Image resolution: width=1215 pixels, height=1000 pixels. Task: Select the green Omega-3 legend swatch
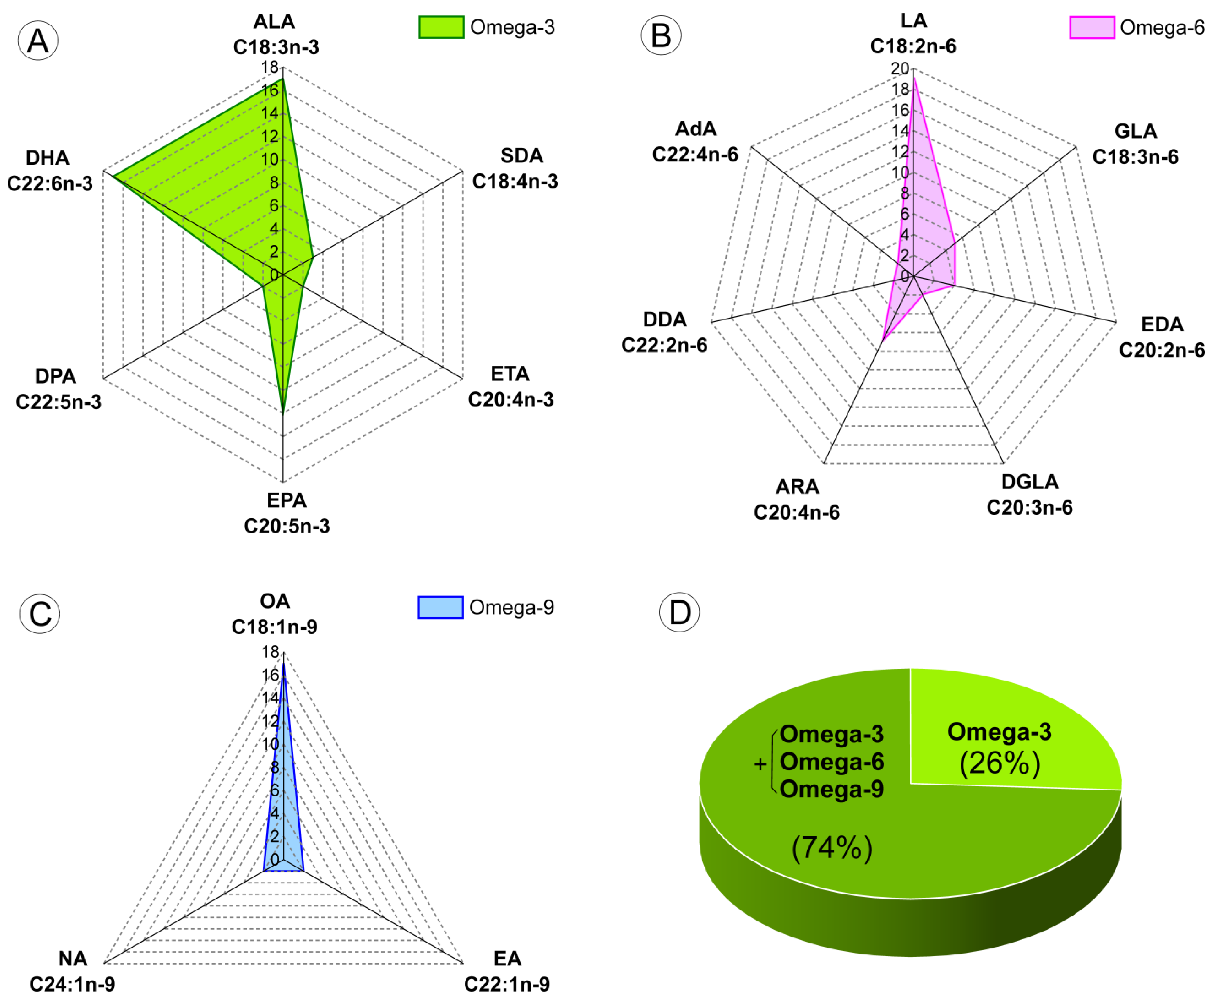tap(441, 27)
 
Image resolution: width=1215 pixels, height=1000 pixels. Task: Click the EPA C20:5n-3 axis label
tap(287, 513)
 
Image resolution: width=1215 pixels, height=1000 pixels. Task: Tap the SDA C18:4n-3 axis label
tap(515, 168)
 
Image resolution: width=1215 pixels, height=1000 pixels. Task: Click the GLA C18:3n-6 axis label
tap(1136, 144)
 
